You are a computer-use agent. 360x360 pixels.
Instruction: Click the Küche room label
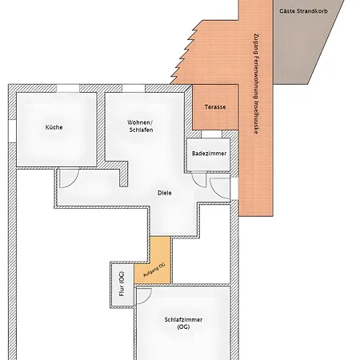pos(54,127)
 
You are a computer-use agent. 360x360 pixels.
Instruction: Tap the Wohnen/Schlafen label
pos(140,126)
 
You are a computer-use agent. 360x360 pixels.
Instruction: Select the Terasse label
pos(215,107)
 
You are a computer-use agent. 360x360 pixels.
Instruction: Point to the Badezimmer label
pos(210,154)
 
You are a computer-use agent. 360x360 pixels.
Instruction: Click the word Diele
pos(165,193)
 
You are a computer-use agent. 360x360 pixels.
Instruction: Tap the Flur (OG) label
pos(122,284)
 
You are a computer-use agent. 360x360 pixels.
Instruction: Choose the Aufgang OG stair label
pos(154,270)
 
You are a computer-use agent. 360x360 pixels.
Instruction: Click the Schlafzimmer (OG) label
pos(183,323)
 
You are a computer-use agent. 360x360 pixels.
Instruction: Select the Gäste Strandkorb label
pos(303,11)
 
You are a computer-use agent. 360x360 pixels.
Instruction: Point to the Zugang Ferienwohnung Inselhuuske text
pos(256,83)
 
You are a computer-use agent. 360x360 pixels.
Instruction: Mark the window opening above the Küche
pos(68,88)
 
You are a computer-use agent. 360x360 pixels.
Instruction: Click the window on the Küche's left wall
pos(12,131)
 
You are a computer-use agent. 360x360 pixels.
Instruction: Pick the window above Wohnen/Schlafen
pos(134,88)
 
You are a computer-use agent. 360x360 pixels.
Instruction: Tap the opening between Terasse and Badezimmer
pos(211,134)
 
